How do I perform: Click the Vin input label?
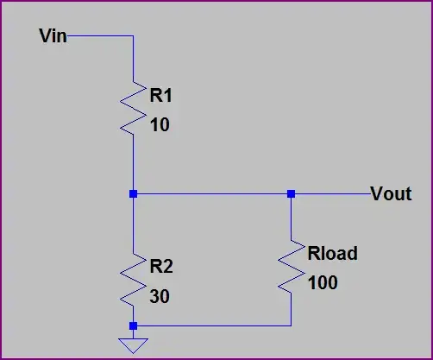click(x=53, y=36)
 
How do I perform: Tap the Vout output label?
click(x=391, y=193)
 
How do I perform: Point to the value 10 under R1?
click(x=160, y=125)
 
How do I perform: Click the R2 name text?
click(x=161, y=264)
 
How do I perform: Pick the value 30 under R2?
click(x=160, y=296)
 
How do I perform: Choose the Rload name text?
click(x=331, y=254)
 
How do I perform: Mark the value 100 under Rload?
click(x=323, y=283)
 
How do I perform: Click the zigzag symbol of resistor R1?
click(x=133, y=109)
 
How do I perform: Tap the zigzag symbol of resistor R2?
click(x=133, y=279)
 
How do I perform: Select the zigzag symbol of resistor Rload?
click(x=292, y=266)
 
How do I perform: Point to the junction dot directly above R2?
click(x=133, y=194)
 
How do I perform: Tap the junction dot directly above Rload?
click(x=292, y=194)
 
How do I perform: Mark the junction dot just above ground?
click(x=133, y=325)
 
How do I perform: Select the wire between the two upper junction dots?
click(x=211, y=194)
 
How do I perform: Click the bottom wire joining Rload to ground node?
click(x=211, y=325)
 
